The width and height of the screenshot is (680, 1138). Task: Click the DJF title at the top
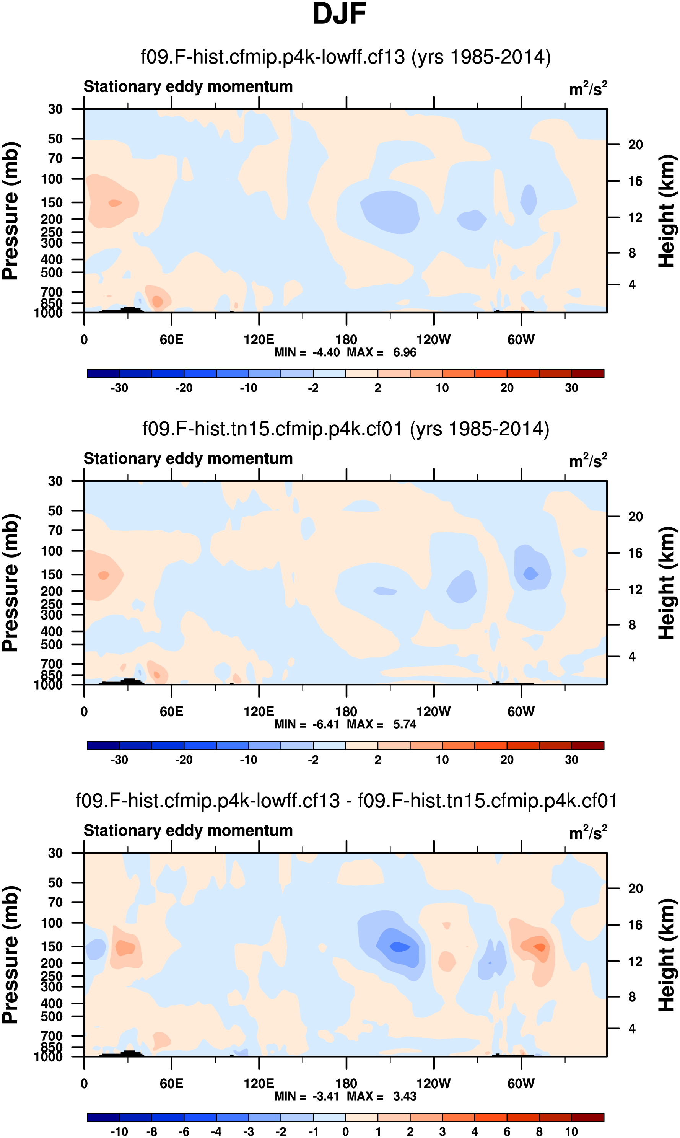point(339,14)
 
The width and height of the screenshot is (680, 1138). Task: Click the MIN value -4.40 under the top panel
point(326,352)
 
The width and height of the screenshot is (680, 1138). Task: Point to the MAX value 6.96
point(405,352)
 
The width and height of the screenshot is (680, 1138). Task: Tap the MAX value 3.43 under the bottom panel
point(405,1096)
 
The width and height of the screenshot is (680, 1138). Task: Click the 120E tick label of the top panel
point(259,340)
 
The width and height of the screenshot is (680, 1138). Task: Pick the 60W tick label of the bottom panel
point(521,1083)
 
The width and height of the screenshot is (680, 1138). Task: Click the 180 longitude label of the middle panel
point(346,712)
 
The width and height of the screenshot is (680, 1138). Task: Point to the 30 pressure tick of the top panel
point(55,109)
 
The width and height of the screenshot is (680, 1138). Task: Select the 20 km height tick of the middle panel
point(635,517)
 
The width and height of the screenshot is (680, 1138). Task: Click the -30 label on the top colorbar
point(119,388)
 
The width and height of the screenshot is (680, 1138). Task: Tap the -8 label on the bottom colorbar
point(152,1131)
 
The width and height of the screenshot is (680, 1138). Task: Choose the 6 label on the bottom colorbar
point(507,1131)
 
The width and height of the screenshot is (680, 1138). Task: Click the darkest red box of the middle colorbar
point(587,745)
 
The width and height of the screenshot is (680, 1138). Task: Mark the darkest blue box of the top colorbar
point(103,373)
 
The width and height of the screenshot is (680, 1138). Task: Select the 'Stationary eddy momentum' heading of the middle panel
point(188,459)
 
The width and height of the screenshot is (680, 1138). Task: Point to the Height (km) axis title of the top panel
point(667,211)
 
